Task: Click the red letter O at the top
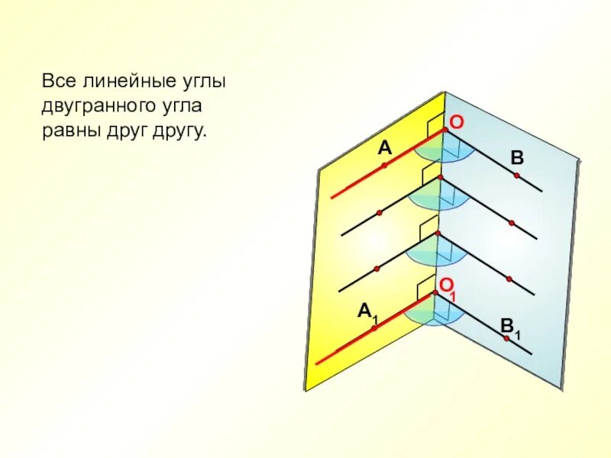tap(456, 122)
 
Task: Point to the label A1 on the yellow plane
tap(367, 311)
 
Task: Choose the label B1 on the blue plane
tap(509, 327)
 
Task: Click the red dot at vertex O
tap(445, 131)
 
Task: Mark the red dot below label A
tap(384, 164)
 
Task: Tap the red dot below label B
tap(517, 176)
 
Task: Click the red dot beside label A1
tap(375, 327)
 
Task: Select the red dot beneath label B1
tap(506, 337)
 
